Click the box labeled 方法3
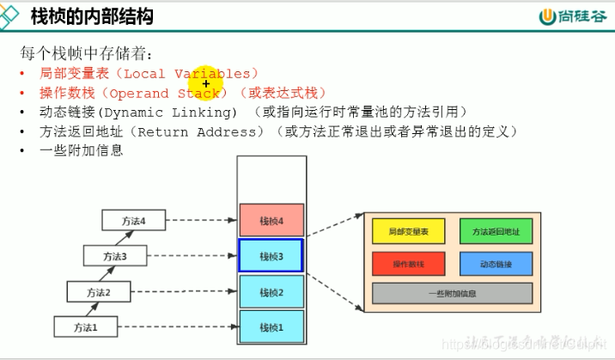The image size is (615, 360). click(x=113, y=256)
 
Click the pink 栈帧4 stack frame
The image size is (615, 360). click(x=271, y=220)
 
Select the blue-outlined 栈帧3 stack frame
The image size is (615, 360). click(x=271, y=256)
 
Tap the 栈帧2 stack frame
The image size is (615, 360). click(x=271, y=292)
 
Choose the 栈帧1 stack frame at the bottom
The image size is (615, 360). click(x=271, y=327)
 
